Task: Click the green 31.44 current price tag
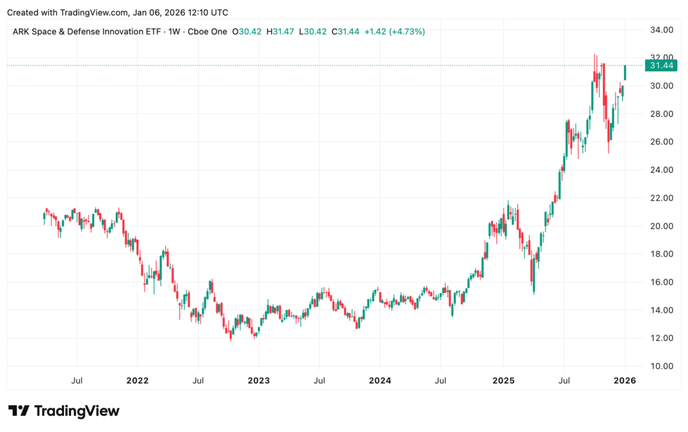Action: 659,65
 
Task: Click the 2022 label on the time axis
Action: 137,380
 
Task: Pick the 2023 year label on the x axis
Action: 259,380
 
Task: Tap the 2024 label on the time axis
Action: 380,380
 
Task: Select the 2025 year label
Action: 503,380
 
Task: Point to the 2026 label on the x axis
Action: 625,380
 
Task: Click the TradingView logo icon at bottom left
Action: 18,411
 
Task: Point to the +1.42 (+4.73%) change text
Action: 394,32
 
